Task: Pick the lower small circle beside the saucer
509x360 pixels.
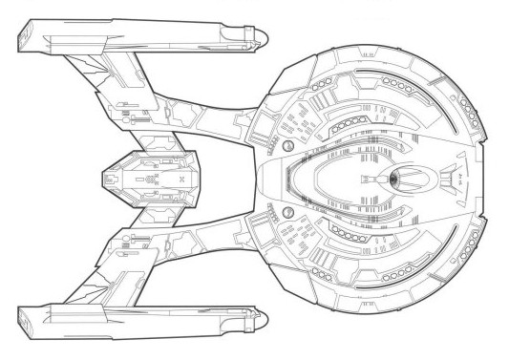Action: [x=286, y=210]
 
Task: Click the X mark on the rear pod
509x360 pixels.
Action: [x=180, y=179]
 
